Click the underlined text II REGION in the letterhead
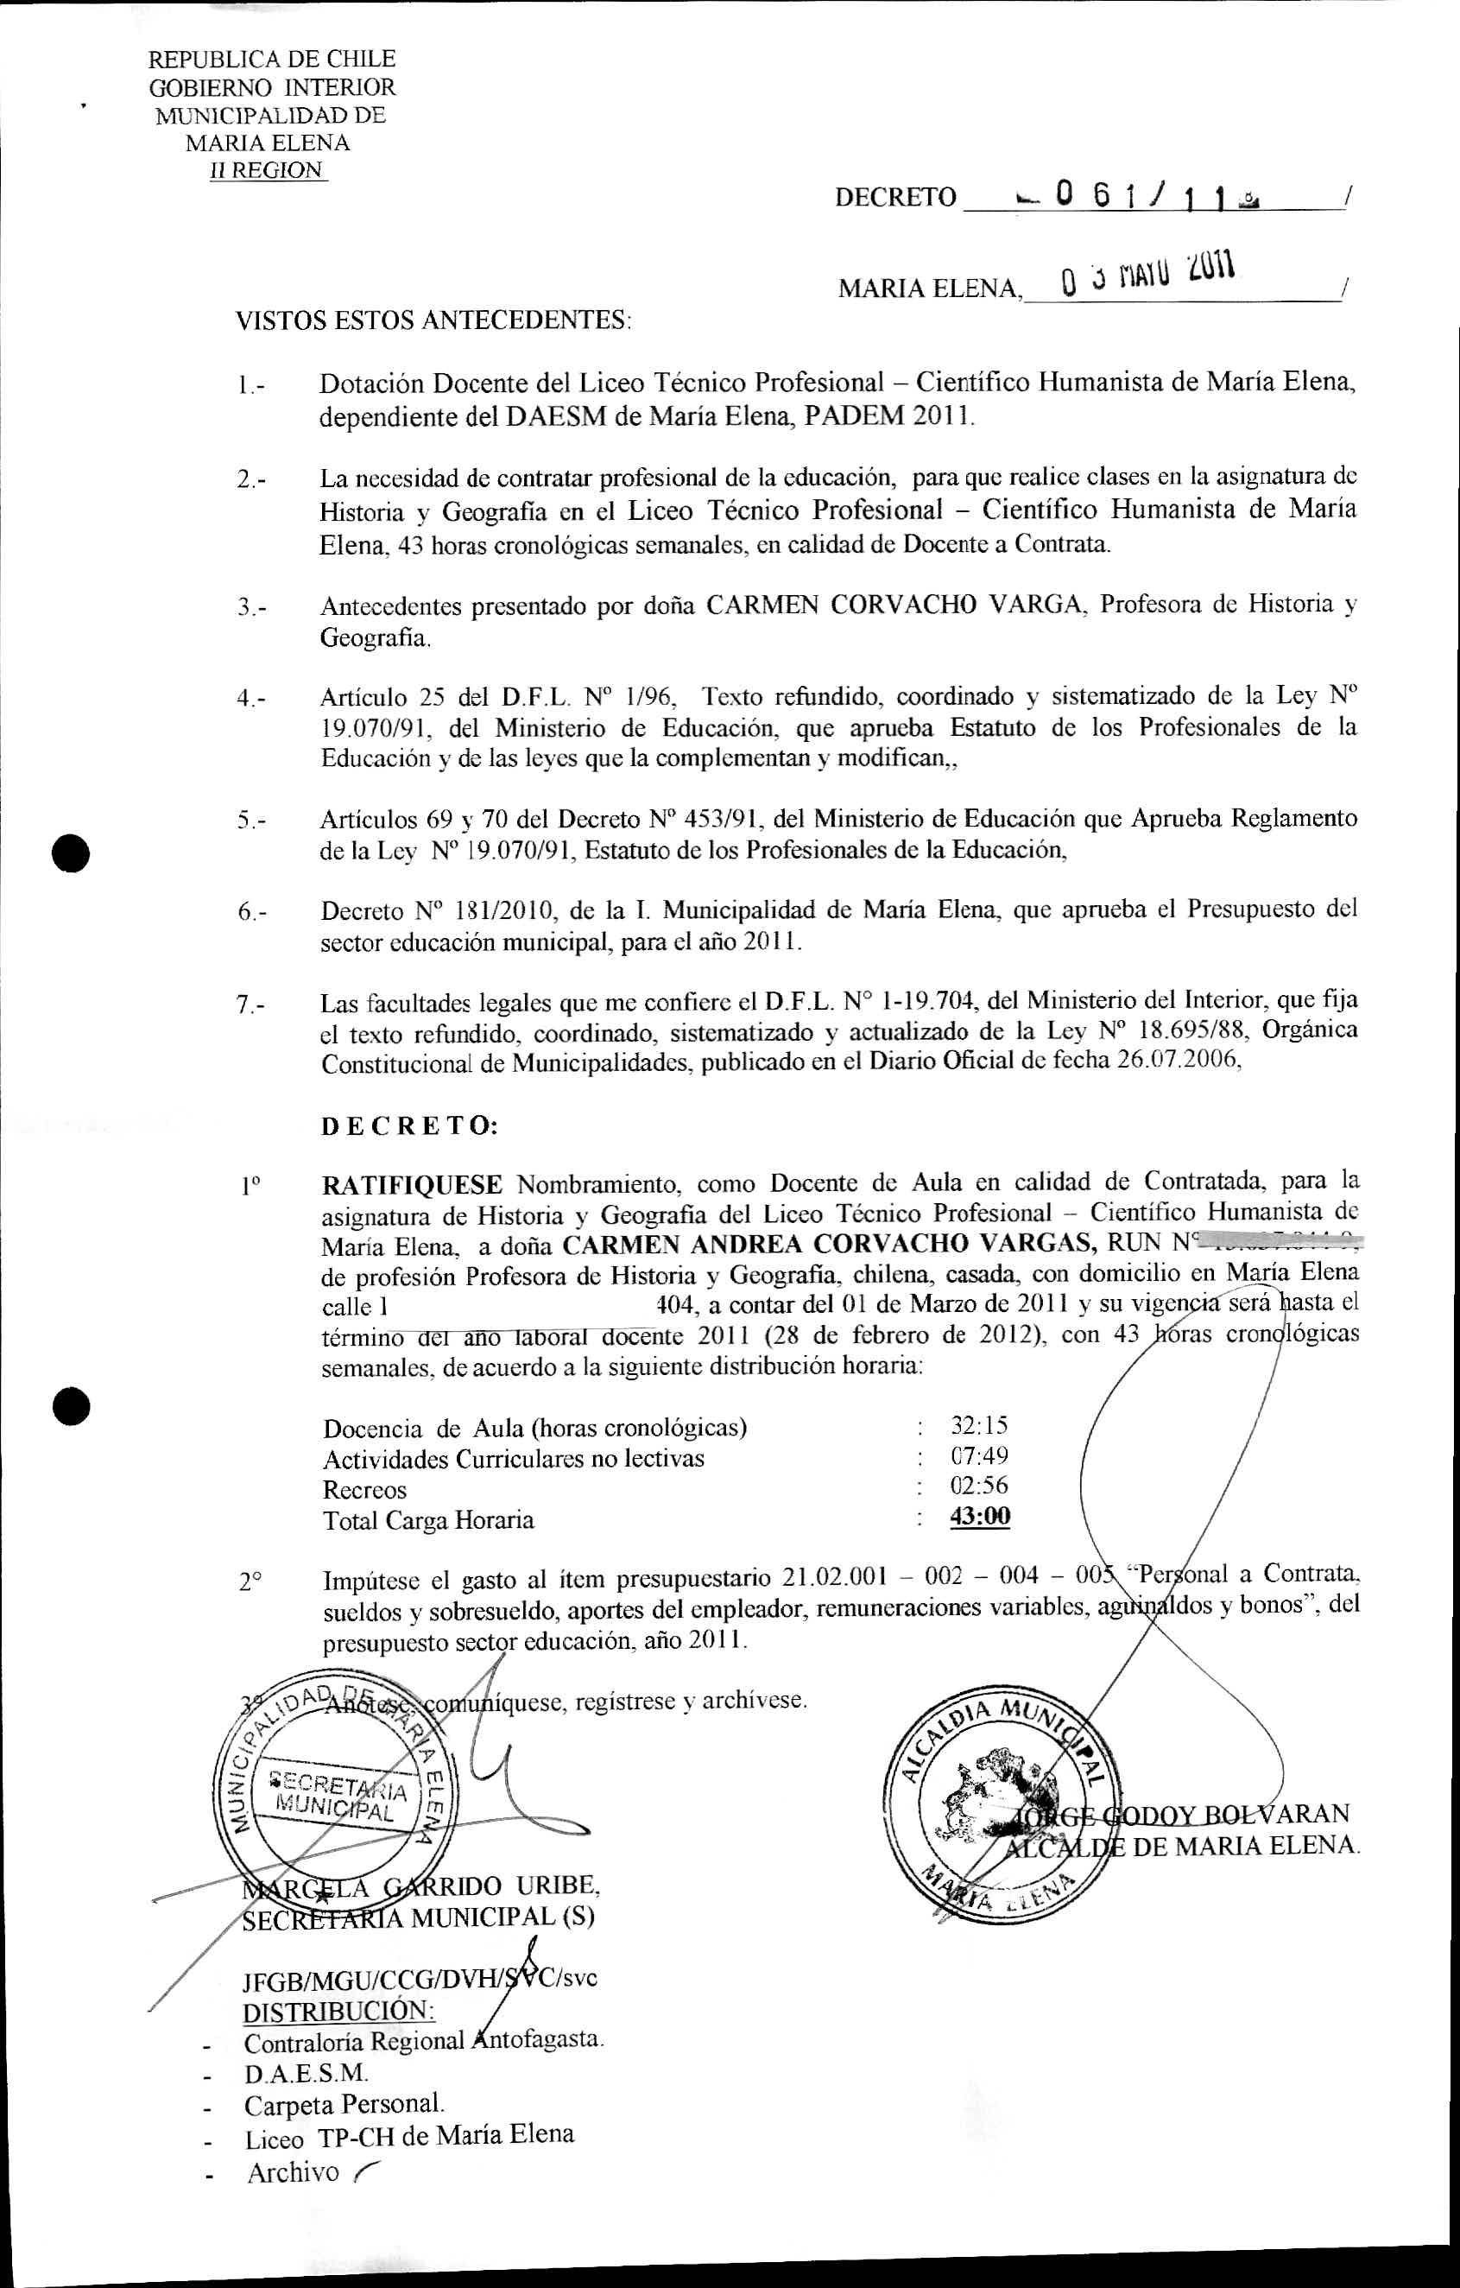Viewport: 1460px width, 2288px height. click(267, 171)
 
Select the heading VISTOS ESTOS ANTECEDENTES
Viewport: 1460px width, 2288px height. click(433, 320)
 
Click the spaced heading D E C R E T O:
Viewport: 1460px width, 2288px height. click(409, 1126)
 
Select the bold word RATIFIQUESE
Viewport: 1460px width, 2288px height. click(412, 1185)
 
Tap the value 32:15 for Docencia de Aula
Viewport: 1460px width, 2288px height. click(979, 1425)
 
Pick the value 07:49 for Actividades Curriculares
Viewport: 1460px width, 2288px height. click(979, 1455)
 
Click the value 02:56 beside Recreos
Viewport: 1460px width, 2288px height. click(979, 1486)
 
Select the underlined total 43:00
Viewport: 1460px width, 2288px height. click(979, 1517)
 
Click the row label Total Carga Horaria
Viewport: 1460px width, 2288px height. click(428, 1520)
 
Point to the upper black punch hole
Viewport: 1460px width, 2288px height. click(72, 852)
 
